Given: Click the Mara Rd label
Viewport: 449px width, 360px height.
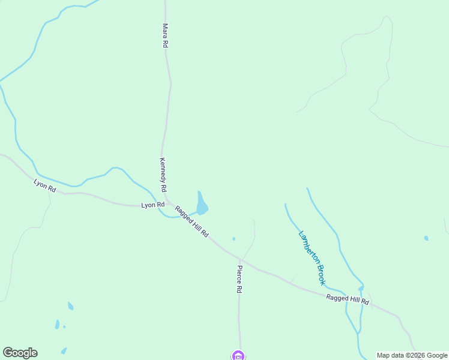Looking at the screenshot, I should (164, 35).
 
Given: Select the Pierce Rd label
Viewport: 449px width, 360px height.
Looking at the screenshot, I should (239, 279).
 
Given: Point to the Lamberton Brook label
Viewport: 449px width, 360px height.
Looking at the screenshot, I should (312, 257).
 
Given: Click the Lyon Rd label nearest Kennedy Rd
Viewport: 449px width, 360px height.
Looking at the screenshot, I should (152, 205).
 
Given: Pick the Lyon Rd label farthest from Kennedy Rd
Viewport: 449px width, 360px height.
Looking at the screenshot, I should (45, 186).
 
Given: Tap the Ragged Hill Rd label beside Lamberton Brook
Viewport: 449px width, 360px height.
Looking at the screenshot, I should (347, 299).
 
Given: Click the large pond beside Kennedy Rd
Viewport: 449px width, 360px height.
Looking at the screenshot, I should (202, 205).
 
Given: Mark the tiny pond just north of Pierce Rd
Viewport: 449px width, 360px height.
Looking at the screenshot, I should (234, 239).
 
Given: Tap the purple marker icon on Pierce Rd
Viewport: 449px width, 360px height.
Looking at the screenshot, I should (238, 356).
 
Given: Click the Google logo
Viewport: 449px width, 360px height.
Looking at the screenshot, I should (20, 353).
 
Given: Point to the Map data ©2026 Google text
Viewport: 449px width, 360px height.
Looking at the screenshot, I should (412, 355).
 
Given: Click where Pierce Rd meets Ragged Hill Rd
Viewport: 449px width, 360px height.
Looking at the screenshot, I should (240, 259).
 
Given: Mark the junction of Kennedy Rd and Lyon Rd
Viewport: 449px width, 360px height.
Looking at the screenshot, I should (166, 202).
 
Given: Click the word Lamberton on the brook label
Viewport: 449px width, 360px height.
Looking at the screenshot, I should (308, 247).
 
